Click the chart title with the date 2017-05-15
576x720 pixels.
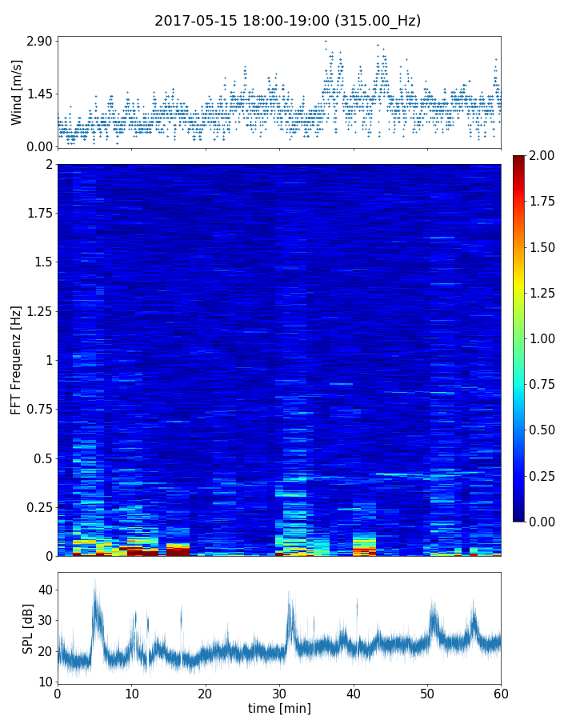(x=287, y=21)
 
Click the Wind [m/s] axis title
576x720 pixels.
(x=17, y=92)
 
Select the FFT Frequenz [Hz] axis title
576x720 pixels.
(x=17, y=359)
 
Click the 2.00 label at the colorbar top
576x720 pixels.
(x=544, y=155)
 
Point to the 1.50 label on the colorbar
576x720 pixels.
(x=544, y=247)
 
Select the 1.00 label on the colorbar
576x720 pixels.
(x=544, y=338)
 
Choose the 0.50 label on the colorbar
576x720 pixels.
(x=544, y=430)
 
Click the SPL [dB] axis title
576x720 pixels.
(x=29, y=627)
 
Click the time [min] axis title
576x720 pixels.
(x=279, y=708)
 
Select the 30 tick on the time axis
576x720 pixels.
(x=279, y=692)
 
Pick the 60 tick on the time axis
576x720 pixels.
(x=501, y=692)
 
